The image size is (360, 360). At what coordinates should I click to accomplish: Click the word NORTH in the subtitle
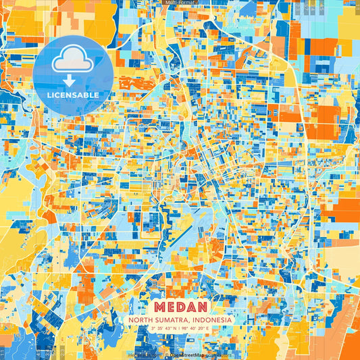pyautogui.click(x=140, y=319)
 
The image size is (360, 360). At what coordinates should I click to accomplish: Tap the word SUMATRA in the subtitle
pyautogui.click(x=167, y=319)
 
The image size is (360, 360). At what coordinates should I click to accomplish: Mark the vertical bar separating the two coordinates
pyautogui.click(x=180, y=329)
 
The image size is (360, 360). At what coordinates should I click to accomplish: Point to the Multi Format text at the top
pyautogui.click(x=180, y=3)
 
